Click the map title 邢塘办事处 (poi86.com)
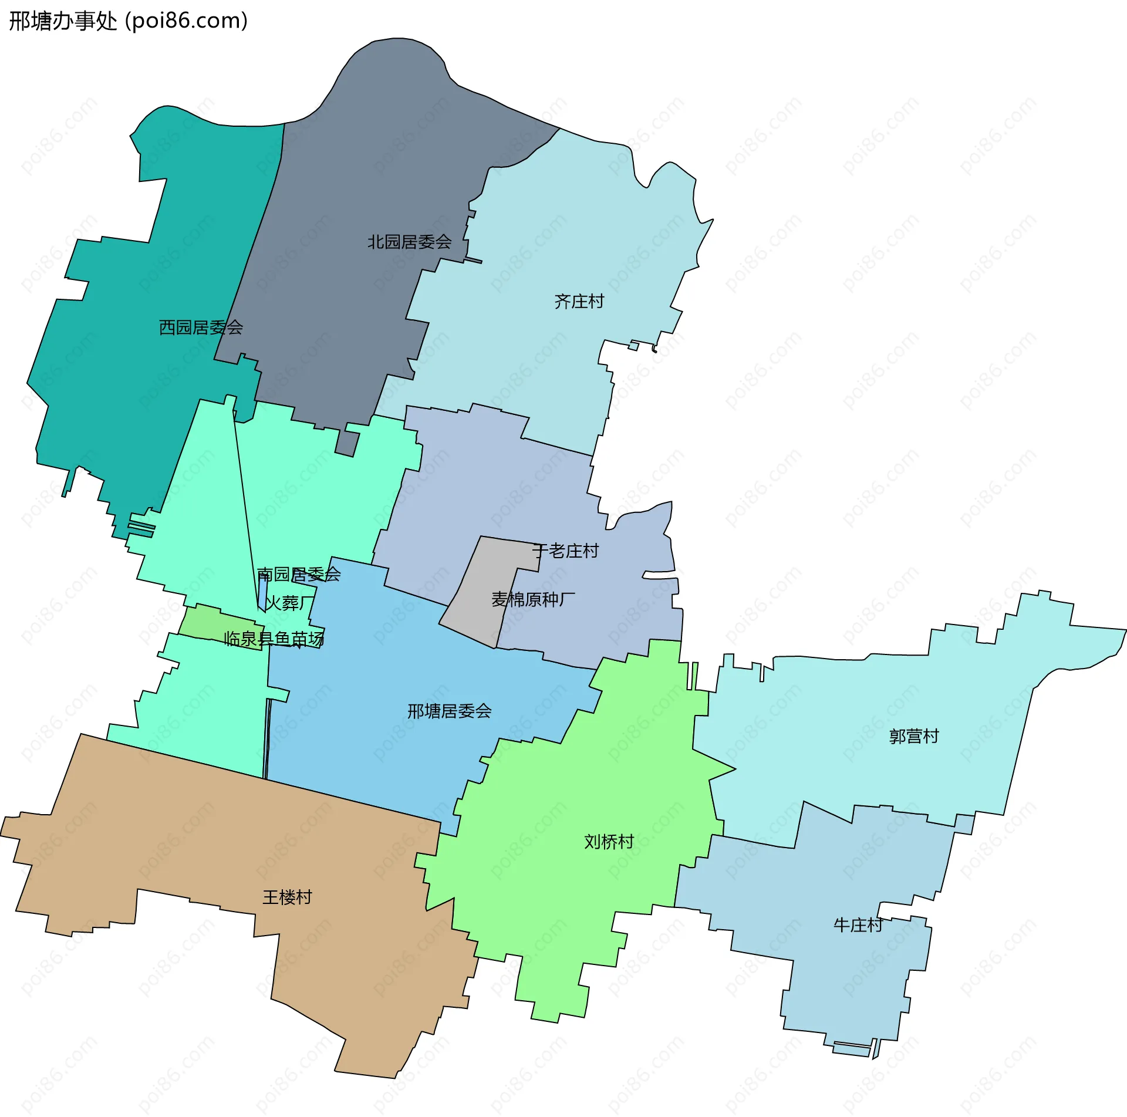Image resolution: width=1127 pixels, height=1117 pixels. click(x=128, y=21)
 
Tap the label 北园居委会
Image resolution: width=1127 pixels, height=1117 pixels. click(x=409, y=242)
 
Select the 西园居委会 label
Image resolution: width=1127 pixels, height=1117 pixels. click(x=201, y=328)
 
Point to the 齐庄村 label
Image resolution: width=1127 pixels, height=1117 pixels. click(x=579, y=302)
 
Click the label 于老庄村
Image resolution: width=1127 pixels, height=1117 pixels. click(x=565, y=551)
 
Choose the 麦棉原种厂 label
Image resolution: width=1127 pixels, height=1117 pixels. click(x=533, y=599)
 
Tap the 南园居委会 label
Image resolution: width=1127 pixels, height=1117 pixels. click(x=299, y=574)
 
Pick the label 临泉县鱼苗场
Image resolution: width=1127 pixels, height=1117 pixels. click(x=274, y=639)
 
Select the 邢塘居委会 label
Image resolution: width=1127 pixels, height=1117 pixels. click(x=449, y=711)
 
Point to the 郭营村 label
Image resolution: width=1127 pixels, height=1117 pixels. click(x=913, y=736)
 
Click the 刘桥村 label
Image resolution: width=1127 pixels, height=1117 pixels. click(x=609, y=842)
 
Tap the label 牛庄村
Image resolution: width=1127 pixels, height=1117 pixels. click(x=858, y=926)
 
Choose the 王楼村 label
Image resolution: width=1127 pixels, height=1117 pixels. click(x=287, y=897)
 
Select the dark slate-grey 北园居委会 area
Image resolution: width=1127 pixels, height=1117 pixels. click(x=352, y=176)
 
